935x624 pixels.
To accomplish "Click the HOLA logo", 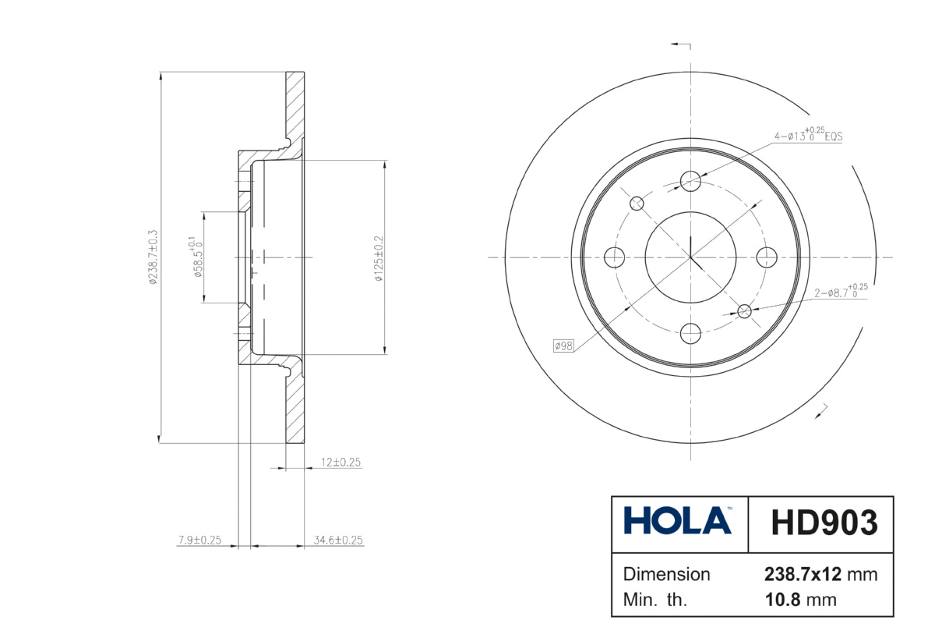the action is (x=677, y=521).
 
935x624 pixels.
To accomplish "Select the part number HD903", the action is (x=824, y=523).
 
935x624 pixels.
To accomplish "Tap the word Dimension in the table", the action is (x=666, y=575).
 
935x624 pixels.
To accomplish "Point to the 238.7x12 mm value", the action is (x=820, y=575).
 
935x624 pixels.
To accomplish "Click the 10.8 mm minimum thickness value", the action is (x=801, y=600).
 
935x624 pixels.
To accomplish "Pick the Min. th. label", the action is (x=655, y=600).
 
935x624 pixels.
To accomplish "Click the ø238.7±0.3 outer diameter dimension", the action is (x=153, y=257).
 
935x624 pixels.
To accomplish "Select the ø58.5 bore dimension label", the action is (x=196, y=257).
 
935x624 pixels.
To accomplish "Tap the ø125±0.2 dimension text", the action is (x=379, y=258).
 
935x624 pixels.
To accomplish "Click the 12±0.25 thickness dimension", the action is (x=340, y=463).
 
